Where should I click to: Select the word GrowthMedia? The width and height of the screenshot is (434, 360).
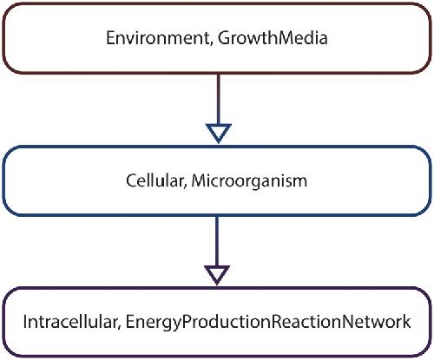(273, 38)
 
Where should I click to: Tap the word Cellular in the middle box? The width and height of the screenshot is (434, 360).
(154, 180)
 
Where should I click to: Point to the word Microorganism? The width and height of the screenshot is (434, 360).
(249, 181)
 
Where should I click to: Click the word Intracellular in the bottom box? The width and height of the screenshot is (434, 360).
(69, 322)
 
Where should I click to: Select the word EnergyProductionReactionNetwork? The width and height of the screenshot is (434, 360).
(268, 322)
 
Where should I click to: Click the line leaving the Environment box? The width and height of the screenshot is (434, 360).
(219, 99)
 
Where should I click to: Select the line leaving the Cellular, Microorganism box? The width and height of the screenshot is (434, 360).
(217, 241)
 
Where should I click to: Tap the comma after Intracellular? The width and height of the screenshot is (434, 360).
(118, 327)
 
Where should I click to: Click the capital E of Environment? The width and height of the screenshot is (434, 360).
(110, 38)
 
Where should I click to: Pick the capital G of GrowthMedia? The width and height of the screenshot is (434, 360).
(224, 38)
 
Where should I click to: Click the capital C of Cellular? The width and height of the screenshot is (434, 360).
(132, 180)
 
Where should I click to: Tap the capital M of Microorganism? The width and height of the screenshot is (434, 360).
(199, 180)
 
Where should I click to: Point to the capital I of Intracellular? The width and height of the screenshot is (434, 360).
(25, 322)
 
